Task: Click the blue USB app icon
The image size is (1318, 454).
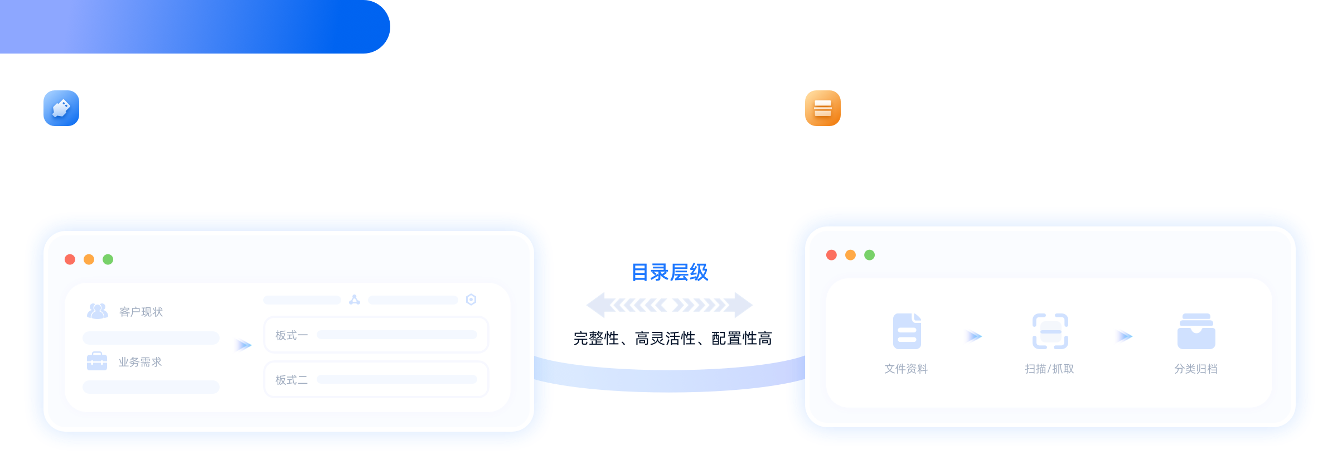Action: (x=61, y=108)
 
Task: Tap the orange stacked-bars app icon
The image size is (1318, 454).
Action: (x=823, y=108)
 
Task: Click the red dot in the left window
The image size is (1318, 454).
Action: (x=70, y=259)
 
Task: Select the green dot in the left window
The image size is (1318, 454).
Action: (x=108, y=259)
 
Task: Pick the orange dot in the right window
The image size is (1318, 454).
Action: (x=850, y=255)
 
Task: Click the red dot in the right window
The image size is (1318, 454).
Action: (x=831, y=255)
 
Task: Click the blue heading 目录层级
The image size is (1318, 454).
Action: (x=670, y=272)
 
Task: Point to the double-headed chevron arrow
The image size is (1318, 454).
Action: (x=670, y=305)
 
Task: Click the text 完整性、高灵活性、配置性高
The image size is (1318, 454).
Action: (x=673, y=338)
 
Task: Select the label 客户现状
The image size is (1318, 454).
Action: (x=141, y=312)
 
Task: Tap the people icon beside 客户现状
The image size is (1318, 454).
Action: (x=98, y=311)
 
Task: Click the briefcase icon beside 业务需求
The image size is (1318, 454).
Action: (x=97, y=361)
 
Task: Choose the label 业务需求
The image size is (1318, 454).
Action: (x=140, y=362)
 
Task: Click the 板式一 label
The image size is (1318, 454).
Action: (x=292, y=335)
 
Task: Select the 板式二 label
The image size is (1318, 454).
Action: (x=292, y=380)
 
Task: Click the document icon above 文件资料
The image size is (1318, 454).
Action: (x=907, y=331)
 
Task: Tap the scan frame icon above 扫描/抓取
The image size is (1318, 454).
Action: (x=1050, y=331)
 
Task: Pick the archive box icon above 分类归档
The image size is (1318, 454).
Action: (x=1196, y=331)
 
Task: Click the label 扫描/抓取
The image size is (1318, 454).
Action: (x=1049, y=369)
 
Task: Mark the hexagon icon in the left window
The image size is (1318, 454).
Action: (x=471, y=300)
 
